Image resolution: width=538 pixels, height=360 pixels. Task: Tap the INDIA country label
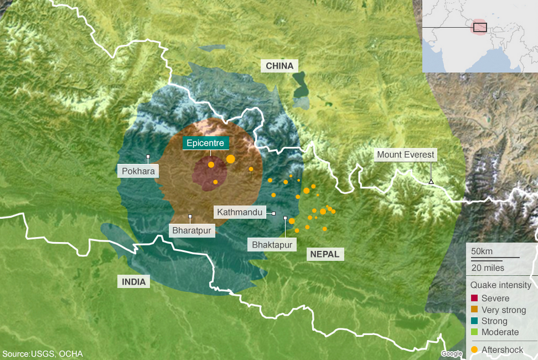coord(133,282)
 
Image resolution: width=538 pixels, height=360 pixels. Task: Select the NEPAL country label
coord(325,254)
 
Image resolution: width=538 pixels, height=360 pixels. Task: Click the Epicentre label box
coord(205,143)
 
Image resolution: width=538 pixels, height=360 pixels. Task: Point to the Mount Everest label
coord(406,155)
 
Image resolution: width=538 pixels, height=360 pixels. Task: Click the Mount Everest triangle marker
coord(431,181)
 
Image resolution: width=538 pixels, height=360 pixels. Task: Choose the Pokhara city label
coord(138,171)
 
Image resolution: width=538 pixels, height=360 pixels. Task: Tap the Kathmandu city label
coord(239,212)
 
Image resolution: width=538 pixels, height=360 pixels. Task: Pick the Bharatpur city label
coord(191,230)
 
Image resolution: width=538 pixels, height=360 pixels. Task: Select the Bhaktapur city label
coord(271,244)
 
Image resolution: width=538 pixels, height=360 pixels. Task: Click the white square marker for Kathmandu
coord(273,213)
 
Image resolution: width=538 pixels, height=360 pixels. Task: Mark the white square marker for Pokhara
coord(148,157)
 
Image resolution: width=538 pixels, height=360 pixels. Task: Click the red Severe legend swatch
coord(474,298)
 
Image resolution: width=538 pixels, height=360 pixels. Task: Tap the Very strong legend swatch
coord(474,310)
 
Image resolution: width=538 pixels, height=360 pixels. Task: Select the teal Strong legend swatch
coord(474,321)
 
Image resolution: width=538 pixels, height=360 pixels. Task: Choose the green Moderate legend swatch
coord(474,332)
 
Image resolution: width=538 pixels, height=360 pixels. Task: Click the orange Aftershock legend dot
coord(474,350)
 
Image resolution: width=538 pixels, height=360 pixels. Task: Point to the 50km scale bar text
coord(481,251)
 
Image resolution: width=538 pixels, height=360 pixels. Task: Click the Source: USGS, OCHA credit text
coord(42,354)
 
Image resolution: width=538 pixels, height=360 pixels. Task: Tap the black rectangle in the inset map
coord(480,26)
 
